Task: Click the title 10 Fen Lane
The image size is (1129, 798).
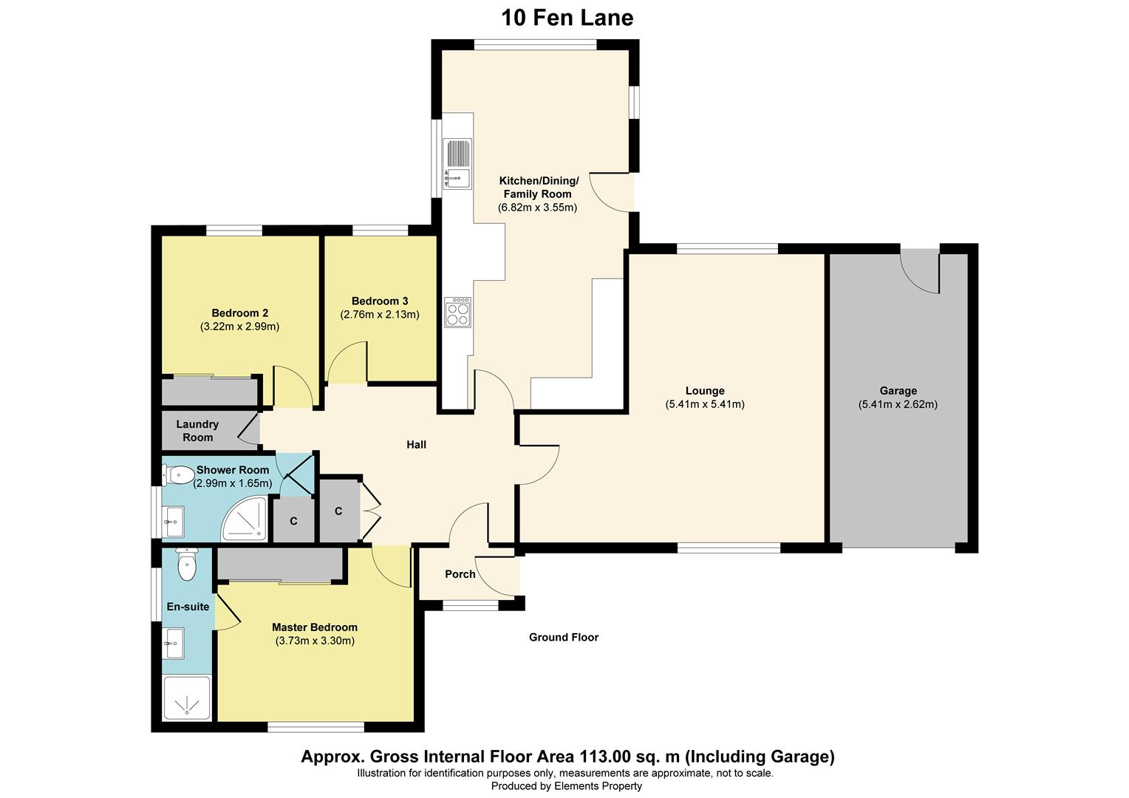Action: point(567,17)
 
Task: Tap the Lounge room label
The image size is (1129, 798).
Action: point(705,391)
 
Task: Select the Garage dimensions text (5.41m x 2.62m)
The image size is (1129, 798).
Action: point(898,404)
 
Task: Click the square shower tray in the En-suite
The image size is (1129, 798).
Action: point(187,698)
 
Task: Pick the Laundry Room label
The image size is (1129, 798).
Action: point(197,431)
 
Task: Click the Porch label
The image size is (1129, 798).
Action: point(460,574)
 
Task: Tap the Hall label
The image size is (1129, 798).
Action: point(416,445)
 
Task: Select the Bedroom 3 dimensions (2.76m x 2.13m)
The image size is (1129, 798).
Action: point(380,314)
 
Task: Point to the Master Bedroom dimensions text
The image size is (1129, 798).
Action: point(315,641)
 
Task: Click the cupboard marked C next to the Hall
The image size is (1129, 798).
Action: point(338,511)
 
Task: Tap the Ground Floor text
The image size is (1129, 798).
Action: point(563,637)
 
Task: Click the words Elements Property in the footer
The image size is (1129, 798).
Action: point(598,786)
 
